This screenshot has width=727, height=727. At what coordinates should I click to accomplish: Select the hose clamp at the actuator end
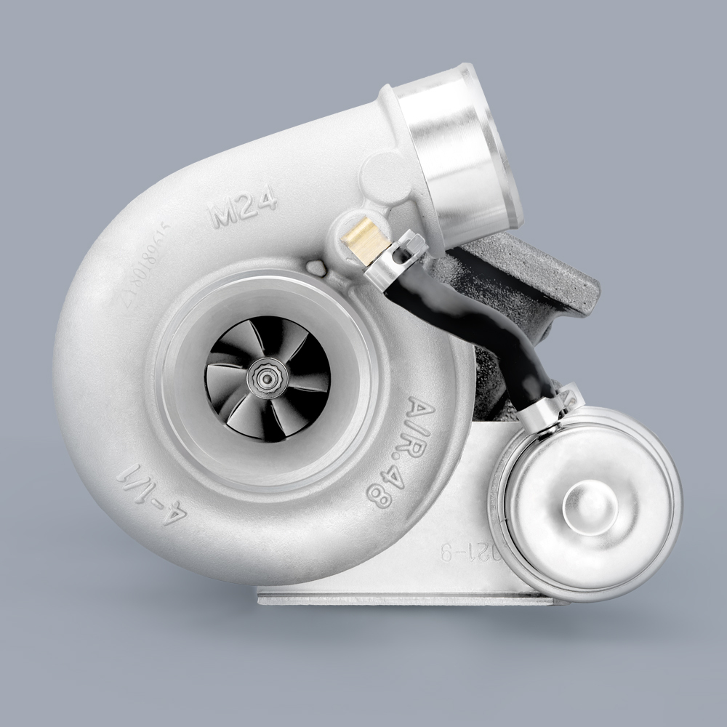pyautogui.click(x=542, y=408)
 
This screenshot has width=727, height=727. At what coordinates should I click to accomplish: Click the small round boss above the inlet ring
pyautogui.click(x=317, y=270)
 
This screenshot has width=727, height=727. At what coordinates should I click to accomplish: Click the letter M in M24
pyautogui.click(x=223, y=213)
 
